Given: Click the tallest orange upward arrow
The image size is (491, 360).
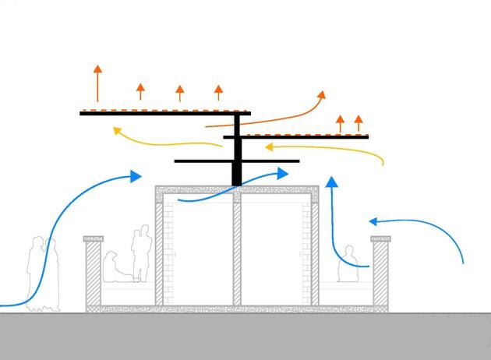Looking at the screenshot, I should click(x=97, y=82).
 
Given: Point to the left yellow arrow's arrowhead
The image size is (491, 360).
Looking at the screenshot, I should click(x=117, y=131).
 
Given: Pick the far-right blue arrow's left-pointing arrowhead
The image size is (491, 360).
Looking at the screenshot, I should click(x=374, y=221).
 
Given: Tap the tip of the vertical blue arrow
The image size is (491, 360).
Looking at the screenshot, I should click(x=331, y=182).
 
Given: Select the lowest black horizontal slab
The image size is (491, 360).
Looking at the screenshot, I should click(x=203, y=161).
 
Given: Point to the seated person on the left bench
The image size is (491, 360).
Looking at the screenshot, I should click(x=114, y=268).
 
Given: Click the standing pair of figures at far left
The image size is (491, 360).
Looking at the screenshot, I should click(x=42, y=273).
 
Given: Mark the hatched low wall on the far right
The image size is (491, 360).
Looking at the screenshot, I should click(x=380, y=273).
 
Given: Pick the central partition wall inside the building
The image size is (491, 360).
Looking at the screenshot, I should click(x=237, y=249).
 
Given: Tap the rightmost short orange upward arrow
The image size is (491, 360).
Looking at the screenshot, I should click(x=359, y=123).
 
